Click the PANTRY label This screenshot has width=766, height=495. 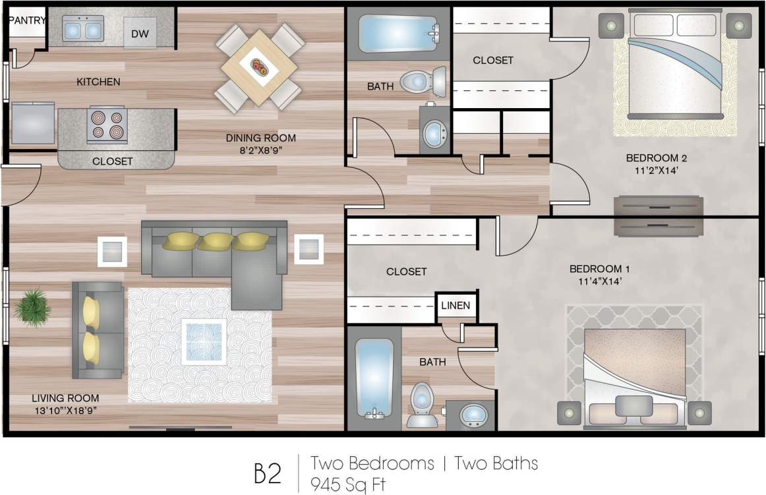coord(27,20)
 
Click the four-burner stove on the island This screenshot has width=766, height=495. coord(107,125)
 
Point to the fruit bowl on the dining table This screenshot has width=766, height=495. coord(259,67)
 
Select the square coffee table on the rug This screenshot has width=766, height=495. coord(204,341)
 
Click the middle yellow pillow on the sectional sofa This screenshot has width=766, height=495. coord(216,241)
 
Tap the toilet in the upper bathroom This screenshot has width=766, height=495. coord(423,82)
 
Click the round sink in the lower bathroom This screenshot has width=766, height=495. coord(473,415)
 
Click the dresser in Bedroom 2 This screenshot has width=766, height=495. coord(657,216)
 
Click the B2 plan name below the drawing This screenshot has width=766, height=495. coord(268,473)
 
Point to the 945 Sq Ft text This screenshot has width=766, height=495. coord(349,484)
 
